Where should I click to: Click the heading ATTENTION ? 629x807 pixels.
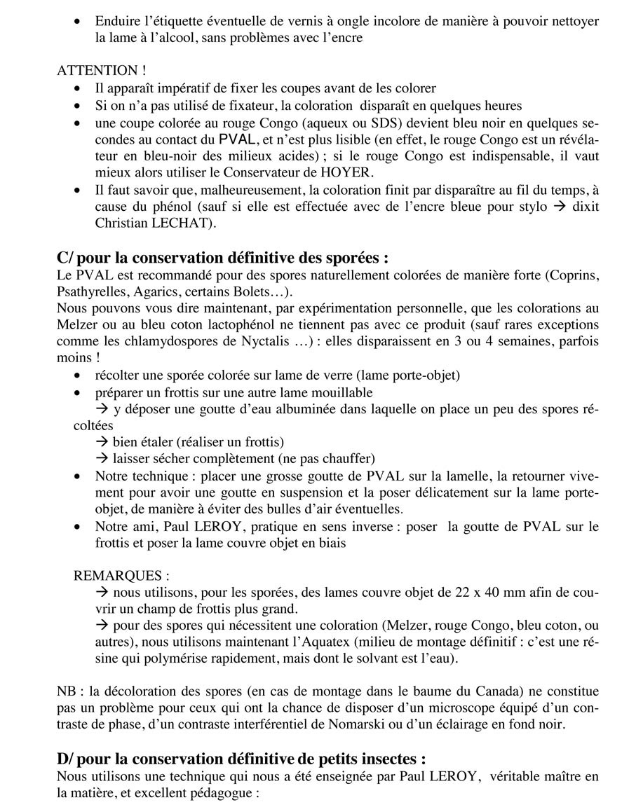97,71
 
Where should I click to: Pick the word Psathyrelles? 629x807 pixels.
90,291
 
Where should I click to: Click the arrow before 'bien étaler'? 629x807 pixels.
102,442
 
